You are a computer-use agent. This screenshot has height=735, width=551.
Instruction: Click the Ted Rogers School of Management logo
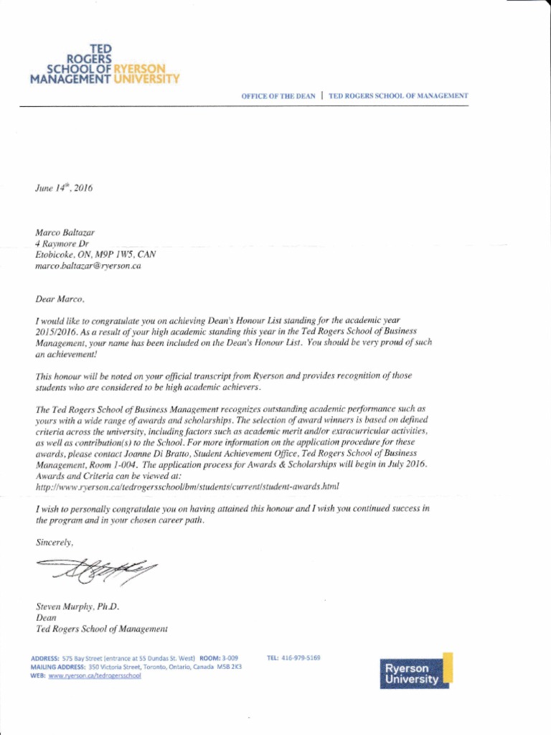pos(103,64)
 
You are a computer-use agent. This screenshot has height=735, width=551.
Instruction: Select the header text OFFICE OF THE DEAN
pos(278,95)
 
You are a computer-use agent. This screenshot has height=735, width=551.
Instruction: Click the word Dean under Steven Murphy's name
pos(46,617)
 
